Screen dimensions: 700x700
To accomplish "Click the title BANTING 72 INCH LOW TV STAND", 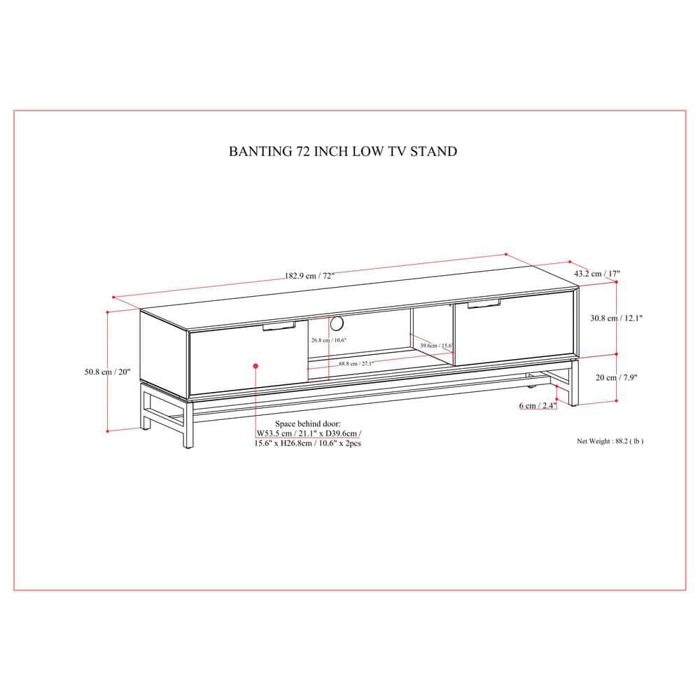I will pos(343,150).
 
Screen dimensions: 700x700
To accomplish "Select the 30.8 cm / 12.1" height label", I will pos(616,318).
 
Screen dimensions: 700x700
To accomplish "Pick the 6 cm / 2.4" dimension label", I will pos(538,405).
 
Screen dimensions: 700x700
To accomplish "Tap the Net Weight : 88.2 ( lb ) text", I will pos(610,441).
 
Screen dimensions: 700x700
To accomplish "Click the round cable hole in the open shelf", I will pos(337,323).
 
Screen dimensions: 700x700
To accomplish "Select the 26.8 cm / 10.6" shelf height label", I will pos(329,340).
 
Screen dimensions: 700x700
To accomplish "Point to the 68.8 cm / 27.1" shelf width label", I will pos(356,363).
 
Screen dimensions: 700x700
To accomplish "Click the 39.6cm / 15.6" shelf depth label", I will pos(435,345).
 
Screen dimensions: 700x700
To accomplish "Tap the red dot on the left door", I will pos(256,365).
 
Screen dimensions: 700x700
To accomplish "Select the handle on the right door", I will pos(481,303).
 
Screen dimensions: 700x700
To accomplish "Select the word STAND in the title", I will pos(437,150).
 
